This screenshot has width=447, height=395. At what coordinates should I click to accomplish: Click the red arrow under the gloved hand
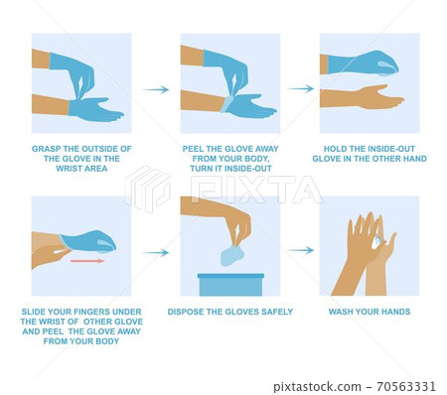[87, 261]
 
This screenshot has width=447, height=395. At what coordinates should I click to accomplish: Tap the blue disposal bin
[230, 285]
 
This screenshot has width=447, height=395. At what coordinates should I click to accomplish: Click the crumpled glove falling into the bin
[232, 256]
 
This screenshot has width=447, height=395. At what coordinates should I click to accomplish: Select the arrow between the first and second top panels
[156, 89]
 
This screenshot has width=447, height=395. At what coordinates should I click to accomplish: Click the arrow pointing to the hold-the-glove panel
[300, 88]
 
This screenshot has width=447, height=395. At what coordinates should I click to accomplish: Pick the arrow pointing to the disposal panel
[156, 253]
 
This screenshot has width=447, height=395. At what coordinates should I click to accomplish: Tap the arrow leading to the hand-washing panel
[300, 250]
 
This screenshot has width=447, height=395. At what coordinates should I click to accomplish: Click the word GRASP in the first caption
[45, 149]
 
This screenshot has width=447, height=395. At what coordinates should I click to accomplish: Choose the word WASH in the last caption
[340, 312]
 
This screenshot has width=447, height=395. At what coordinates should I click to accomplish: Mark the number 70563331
[406, 386]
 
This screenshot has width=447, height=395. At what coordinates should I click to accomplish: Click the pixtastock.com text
[317, 387]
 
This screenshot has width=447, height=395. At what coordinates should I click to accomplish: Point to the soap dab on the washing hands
[376, 242]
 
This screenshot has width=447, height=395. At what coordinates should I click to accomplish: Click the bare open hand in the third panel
[362, 97]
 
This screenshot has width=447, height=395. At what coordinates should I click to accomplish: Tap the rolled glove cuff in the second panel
[227, 104]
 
